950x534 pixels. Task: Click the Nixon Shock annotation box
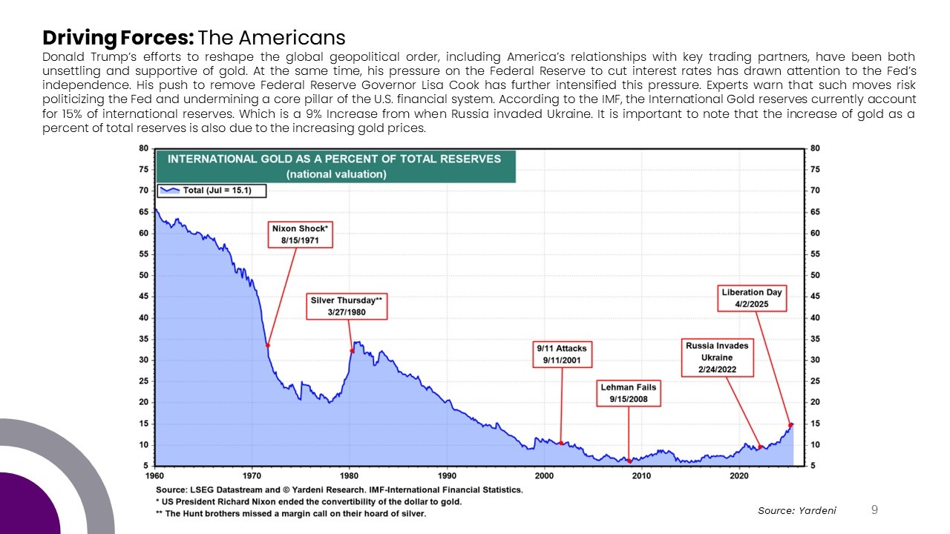pyautogui.click(x=301, y=234)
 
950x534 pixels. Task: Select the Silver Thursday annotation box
pyautogui.click(x=347, y=306)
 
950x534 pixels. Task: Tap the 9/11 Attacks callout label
pyautogui.click(x=562, y=355)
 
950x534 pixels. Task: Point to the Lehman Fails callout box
pyautogui.click(x=629, y=393)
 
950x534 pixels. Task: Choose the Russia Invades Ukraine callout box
pyautogui.click(x=717, y=357)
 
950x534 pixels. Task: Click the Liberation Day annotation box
pyautogui.click(x=752, y=298)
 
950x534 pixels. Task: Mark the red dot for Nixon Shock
pyautogui.click(x=268, y=346)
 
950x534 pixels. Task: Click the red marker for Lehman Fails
pyautogui.click(x=629, y=461)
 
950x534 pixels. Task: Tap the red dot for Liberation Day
pyautogui.click(x=790, y=425)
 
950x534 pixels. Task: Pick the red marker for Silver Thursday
pyautogui.click(x=352, y=351)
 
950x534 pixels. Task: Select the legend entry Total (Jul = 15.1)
pyautogui.click(x=212, y=191)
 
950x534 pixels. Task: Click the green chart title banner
pyautogui.click(x=336, y=167)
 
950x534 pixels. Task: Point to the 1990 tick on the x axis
pyautogui.click(x=447, y=476)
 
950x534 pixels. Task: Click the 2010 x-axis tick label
pyautogui.click(x=641, y=476)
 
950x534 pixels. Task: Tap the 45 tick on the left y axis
pyautogui.click(x=144, y=296)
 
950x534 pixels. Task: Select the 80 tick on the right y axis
pyautogui.click(x=815, y=148)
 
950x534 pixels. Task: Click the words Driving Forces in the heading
pyautogui.click(x=118, y=38)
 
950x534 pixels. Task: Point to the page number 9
pyautogui.click(x=874, y=510)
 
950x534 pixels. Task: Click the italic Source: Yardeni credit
pyautogui.click(x=797, y=511)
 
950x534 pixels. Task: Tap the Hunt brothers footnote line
pyautogui.click(x=291, y=514)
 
